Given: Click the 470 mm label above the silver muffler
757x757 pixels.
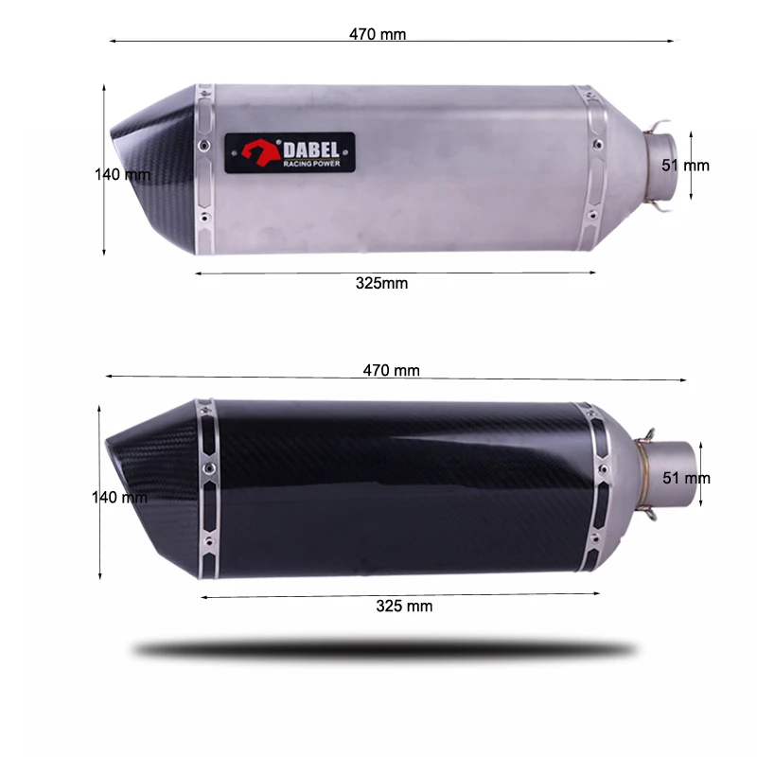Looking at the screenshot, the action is point(378,34).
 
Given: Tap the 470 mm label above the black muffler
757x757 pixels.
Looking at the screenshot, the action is point(391,370).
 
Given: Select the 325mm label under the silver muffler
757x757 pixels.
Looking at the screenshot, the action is point(381,283).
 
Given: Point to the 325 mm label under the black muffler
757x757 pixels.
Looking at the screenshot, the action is point(404,606).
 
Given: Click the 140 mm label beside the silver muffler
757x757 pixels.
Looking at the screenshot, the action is point(122,174).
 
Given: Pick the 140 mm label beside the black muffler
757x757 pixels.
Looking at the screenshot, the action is point(119,497).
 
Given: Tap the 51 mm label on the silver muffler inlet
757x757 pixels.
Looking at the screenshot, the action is point(685,166).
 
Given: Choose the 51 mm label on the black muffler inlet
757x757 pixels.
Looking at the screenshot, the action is point(686,478).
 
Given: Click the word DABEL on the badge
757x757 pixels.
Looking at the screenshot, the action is point(311,150).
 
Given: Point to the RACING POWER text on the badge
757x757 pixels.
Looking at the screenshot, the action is point(311,164).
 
